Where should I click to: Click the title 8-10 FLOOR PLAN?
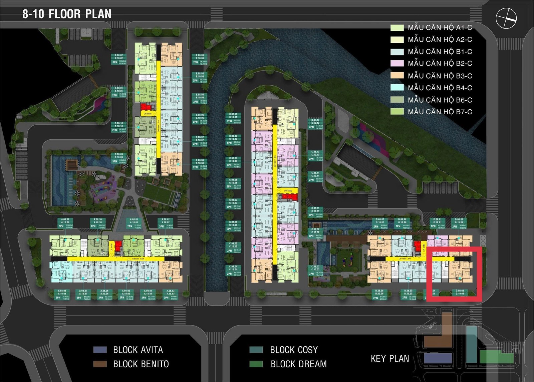(67, 14)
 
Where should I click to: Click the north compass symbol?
(506, 18)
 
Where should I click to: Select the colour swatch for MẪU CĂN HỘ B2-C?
(397, 63)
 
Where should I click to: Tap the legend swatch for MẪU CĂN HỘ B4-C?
(397, 88)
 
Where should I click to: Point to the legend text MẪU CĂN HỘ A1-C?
(440, 27)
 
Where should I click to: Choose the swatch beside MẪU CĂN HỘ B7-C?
(397, 112)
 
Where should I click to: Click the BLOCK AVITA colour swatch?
(100, 350)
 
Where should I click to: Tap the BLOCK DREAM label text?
(299, 364)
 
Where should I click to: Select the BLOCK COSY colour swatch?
(256, 350)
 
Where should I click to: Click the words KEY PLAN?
(390, 359)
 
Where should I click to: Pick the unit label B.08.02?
(119, 55)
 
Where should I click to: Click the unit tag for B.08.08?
(200, 160)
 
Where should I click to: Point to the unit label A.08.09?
(65, 220)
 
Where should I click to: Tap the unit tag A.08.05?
(126, 291)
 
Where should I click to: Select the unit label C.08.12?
(315, 120)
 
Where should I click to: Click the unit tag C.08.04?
(233, 267)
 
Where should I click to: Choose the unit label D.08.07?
(380, 220)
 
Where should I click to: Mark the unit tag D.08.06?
(379, 291)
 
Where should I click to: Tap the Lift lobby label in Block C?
(288, 190)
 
